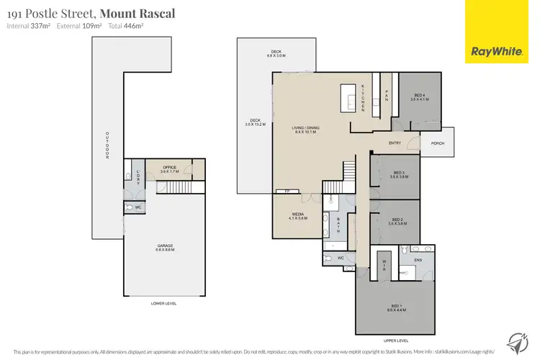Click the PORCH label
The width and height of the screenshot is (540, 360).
(x=438, y=143)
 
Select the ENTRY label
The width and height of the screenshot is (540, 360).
(x=395, y=143)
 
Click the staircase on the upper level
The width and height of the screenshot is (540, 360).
(x=348, y=171)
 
